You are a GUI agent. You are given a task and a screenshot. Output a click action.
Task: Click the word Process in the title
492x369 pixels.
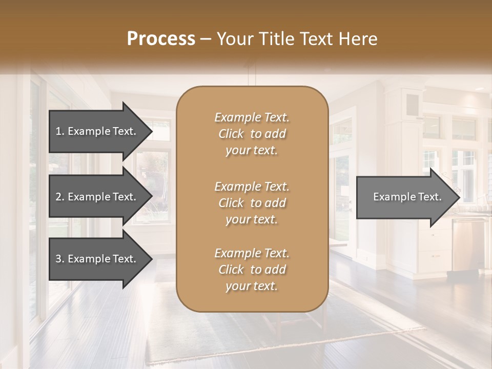point(161,39)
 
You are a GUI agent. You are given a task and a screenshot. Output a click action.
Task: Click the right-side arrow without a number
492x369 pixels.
point(405,197)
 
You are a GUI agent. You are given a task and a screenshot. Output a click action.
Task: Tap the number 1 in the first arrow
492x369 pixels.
point(58,131)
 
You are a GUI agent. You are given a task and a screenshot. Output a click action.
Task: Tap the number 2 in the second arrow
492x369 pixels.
point(58,197)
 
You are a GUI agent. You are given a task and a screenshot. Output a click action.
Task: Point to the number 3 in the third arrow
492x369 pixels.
point(58,259)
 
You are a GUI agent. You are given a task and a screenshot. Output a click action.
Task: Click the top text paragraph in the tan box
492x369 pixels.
point(252,134)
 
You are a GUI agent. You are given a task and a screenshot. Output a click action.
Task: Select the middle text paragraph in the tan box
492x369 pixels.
point(252,203)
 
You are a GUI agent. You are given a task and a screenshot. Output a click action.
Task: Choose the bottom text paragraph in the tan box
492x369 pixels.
point(252,270)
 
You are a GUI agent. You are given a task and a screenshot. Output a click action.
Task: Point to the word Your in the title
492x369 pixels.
point(234,39)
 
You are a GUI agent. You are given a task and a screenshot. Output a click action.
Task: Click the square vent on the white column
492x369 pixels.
point(412,105)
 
